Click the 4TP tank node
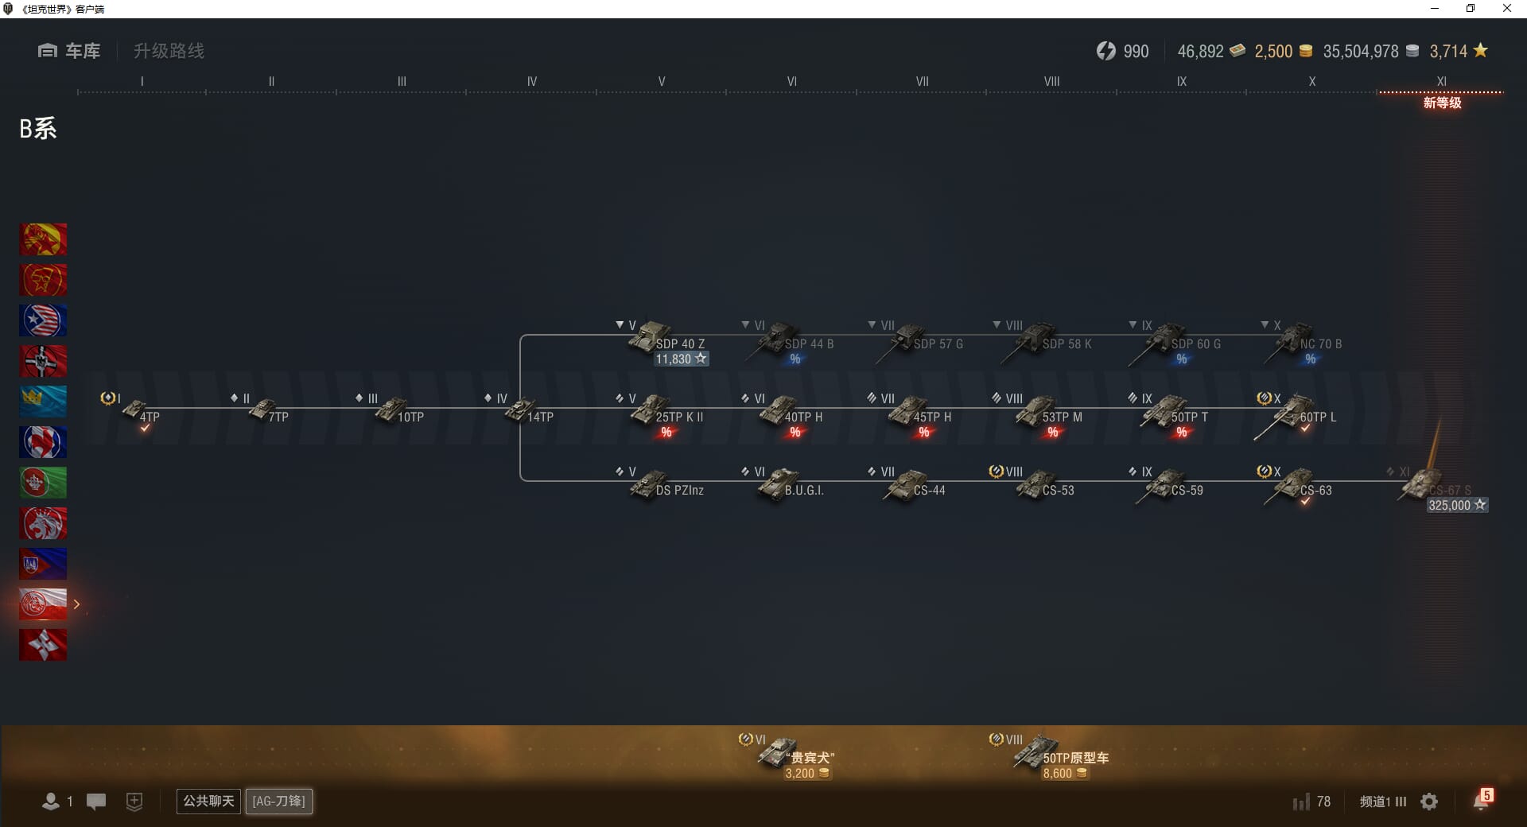click(142, 412)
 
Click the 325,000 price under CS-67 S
click(1456, 506)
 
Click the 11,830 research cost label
click(681, 359)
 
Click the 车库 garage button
click(70, 51)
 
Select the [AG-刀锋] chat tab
click(278, 802)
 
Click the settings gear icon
click(1429, 802)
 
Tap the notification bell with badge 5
click(1481, 801)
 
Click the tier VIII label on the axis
click(1051, 81)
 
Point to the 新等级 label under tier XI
click(1442, 103)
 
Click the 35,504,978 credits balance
click(1361, 52)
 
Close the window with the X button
click(1506, 9)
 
